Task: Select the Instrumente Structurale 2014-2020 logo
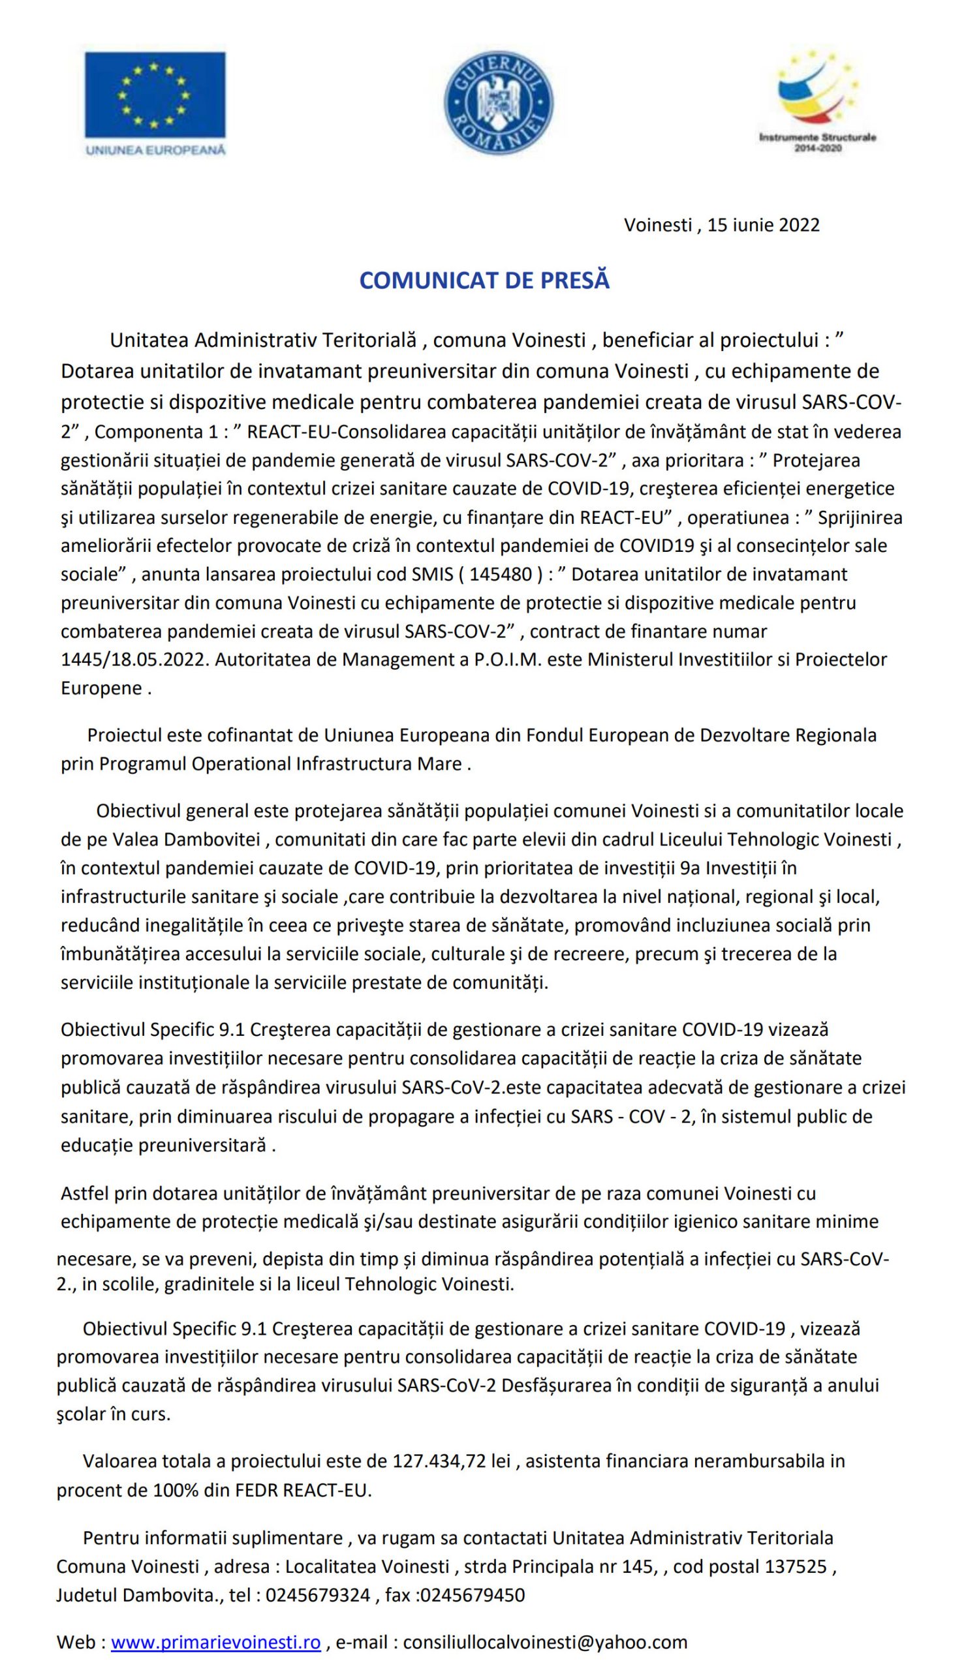point(817,102)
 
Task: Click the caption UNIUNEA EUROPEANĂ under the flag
point(155,149)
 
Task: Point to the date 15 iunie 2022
point(764,226)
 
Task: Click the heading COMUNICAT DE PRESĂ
point(484,281)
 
